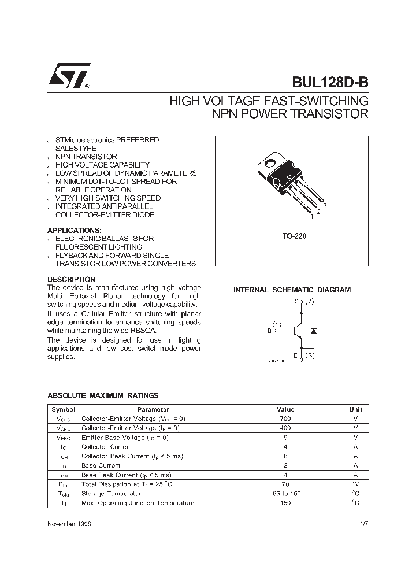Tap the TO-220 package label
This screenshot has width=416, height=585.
coord(294,236)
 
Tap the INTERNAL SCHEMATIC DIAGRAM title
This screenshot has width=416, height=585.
coord(292,290)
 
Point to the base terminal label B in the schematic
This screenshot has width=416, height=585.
coord(269,330)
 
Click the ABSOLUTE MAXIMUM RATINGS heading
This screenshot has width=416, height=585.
coord(102,396)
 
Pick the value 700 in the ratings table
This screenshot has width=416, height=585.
coord(285,419)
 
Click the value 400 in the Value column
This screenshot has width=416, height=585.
coord(285,428)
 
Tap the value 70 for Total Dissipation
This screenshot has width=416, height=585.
coord(285,484)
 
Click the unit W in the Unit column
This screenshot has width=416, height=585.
coord(356,484)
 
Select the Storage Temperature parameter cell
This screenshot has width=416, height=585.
coord(113,493)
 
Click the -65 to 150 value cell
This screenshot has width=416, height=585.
coord(285,493)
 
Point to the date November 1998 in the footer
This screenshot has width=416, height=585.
coord(69,524)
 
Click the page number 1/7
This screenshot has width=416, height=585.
coord(363,524)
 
